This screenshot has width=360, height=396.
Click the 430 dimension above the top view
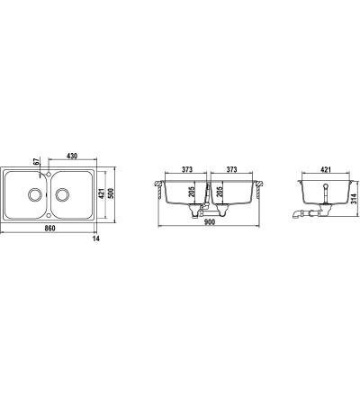click(72, 156)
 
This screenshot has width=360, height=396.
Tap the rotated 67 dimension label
click(37, 162)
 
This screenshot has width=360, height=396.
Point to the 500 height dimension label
click(111, 193)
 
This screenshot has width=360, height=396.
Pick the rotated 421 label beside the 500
click(102, 193)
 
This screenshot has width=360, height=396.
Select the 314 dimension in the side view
click(354, 198)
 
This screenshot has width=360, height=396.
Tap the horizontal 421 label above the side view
click(326, 170)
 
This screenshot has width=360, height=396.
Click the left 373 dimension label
click(187, 170)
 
